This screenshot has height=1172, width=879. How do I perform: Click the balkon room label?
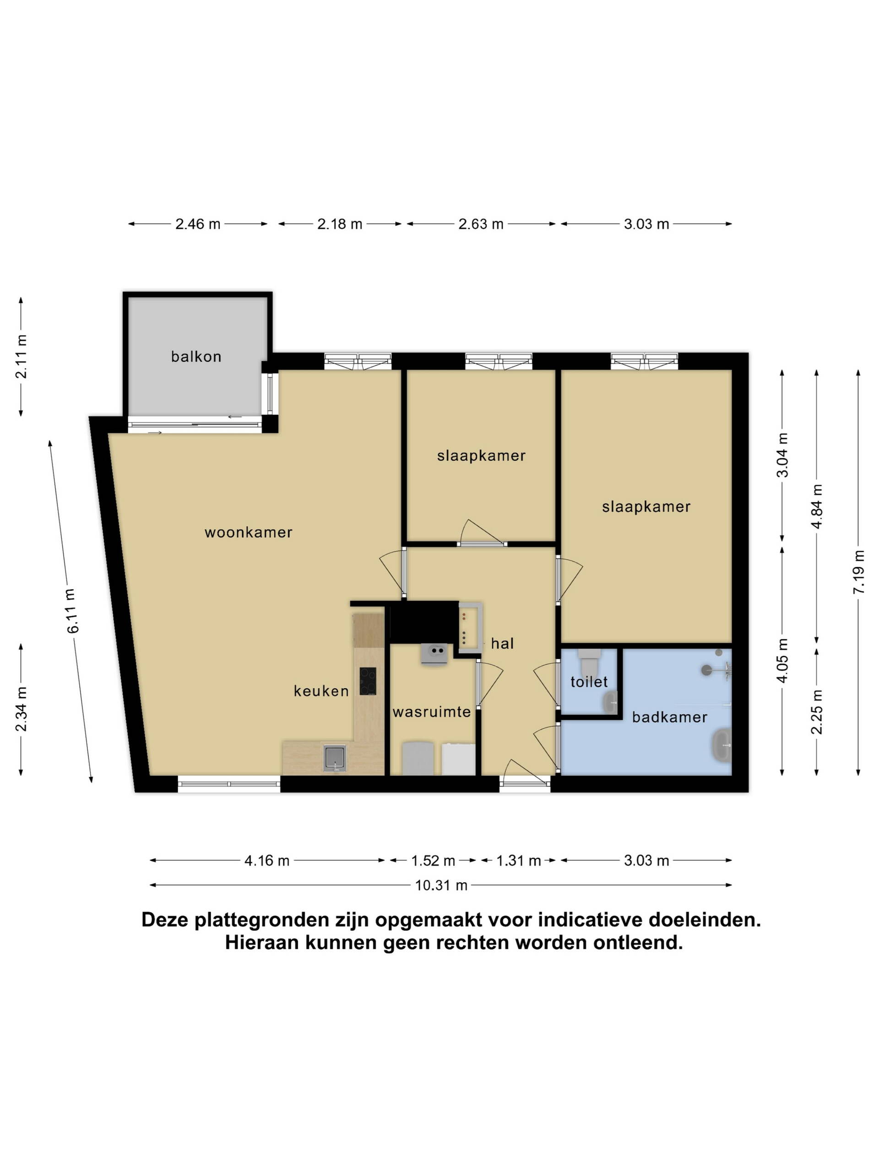point(196,357)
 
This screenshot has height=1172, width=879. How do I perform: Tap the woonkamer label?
point(249,532)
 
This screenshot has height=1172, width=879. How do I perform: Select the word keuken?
point(321,691)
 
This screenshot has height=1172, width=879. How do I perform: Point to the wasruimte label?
point(432,711)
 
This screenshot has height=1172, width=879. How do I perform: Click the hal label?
point(502,643)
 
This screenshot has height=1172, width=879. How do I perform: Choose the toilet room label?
point(589,682)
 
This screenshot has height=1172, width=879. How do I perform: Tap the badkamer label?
point(670,717)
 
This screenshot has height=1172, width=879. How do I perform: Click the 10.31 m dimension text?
point(441,885)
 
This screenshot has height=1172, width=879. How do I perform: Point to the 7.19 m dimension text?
point(859,572)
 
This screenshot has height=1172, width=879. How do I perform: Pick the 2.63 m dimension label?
point(481,224)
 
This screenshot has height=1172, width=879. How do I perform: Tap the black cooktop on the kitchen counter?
point(368,681)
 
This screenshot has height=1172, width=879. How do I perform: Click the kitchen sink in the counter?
point(335,758)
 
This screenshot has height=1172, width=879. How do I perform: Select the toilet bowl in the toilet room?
point(589,662)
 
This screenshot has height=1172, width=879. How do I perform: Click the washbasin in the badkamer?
point(722,745)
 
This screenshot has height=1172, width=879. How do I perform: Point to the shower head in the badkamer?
point(706,670)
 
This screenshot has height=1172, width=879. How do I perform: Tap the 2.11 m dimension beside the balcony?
point(21,356)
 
